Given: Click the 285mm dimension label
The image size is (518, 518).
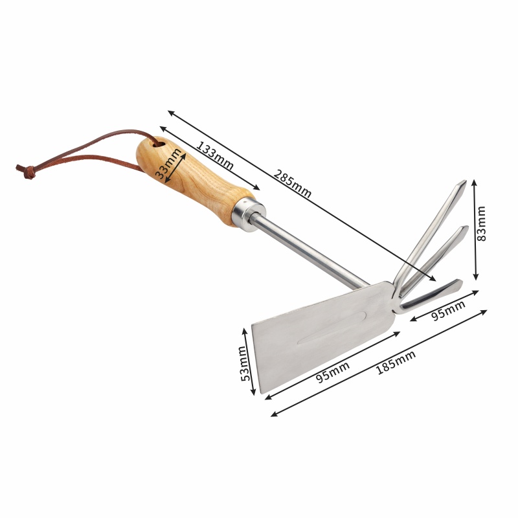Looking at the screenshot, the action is click(293, 184).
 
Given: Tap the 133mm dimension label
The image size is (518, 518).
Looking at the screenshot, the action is click(215, 155).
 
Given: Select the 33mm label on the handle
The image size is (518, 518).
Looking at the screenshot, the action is click(168, 164).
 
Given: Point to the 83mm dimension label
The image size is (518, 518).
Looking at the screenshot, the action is click(481, 223).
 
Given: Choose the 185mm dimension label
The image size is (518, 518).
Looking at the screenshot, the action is click(396, 363).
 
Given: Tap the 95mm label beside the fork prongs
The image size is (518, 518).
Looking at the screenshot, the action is click(448, 310).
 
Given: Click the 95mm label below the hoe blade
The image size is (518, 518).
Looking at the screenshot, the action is click(333, 372).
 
